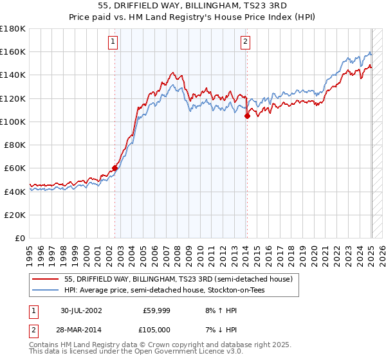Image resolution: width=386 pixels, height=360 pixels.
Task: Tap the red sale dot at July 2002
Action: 115,168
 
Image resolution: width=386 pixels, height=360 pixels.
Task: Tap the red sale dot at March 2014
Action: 247,116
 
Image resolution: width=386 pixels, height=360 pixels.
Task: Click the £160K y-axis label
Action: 13,51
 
